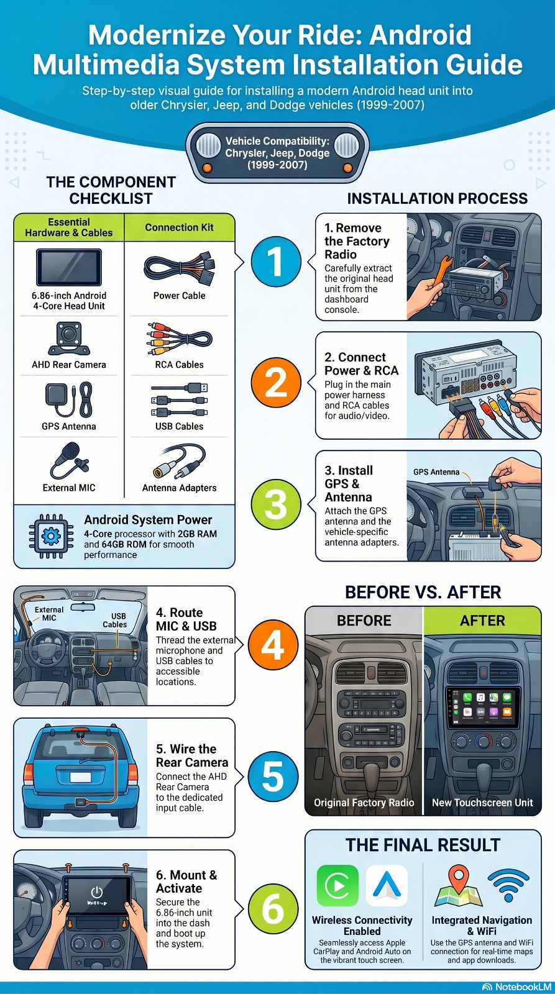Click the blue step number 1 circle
(275, 262)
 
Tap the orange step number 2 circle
(275, 383)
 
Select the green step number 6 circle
(273, 908)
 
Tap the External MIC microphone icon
(70, 460)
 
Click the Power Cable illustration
(180, 268)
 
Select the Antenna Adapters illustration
(180, 462)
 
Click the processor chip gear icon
(51, 536)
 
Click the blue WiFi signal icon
(508, 885)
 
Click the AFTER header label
(483, 621)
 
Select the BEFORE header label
(364, 621)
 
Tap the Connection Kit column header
(180, 227)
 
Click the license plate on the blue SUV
(80, 777)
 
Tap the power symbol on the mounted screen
(96, 891)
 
